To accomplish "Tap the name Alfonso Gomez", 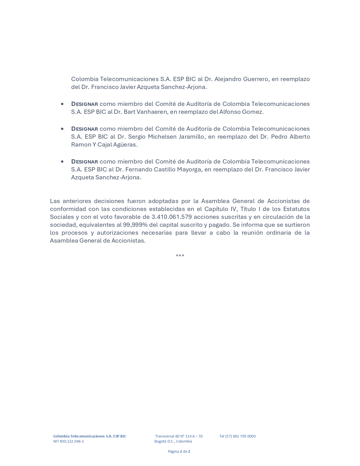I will (241, 112).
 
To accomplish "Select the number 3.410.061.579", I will (172, 217).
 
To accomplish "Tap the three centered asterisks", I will (180, 256).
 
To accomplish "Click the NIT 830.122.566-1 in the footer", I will (69, 441).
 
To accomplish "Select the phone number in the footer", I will (237, 436).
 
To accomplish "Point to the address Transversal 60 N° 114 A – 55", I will (179, 436).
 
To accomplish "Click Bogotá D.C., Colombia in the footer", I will (173, 441).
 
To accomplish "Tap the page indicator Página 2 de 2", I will (179, 451).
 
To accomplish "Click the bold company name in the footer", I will (90, 436).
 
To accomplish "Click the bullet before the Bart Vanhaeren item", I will (62, 104).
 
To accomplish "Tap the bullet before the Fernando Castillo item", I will (62, 162).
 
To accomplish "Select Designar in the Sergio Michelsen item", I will (84, 129).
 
